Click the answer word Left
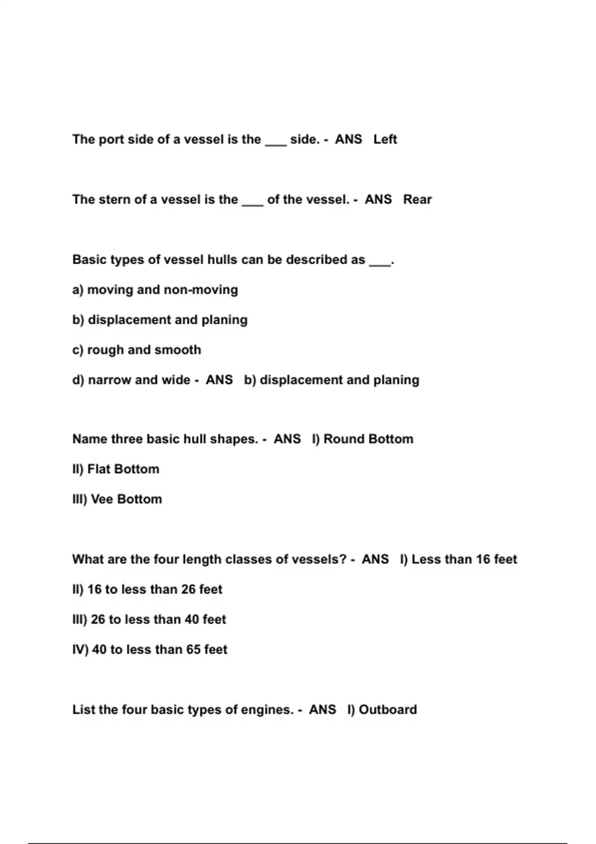pos(385,140)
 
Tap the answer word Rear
pos(417,200)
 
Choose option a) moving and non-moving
pos(155,290)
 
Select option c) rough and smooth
pos(137,350)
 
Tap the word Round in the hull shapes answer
pos(343,439)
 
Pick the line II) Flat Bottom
pos(116,469)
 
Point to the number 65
pos(193,650)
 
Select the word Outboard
pos(387,710)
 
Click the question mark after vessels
pos(342,560)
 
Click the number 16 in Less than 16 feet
pos(483,560)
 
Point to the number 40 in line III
pos(192,620)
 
